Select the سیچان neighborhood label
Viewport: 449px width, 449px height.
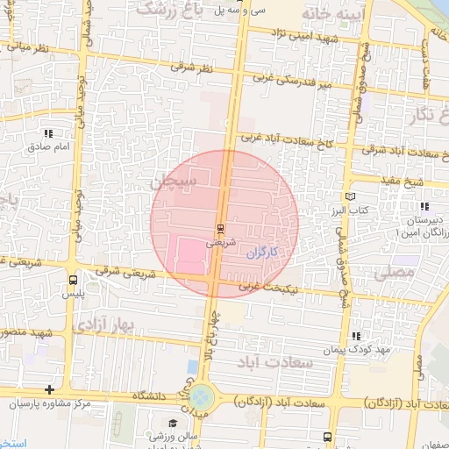click(175, 182)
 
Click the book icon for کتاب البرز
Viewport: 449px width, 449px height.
click(351, 197)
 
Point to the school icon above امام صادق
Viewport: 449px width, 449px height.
click(48, 133)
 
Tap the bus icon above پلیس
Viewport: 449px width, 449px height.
click(72, 280)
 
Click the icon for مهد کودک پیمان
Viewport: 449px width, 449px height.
click(356, 336)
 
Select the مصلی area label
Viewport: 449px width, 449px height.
click(393, 274)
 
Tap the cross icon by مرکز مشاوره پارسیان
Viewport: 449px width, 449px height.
click(50, 388)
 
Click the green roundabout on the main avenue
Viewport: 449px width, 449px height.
click(201, 396)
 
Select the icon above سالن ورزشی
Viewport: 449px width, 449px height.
click(172, 424)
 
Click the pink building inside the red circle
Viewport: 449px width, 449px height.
click(193, 255)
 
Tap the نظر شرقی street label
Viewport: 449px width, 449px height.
click(191, 67)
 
